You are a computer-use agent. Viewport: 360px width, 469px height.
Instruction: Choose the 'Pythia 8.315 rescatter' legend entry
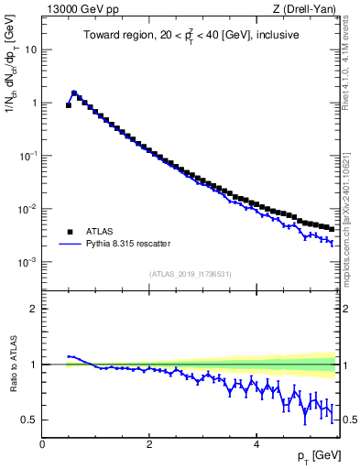126,244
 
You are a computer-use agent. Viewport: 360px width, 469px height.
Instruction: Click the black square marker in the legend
69,231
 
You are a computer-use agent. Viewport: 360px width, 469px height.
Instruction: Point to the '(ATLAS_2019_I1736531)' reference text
190,274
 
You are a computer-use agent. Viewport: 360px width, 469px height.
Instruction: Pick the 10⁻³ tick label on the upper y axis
29,262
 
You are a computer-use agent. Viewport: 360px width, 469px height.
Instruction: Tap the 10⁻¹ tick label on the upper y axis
29,156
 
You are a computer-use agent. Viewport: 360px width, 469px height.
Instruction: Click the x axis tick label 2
149,444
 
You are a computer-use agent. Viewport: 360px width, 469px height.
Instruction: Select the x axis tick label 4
256,444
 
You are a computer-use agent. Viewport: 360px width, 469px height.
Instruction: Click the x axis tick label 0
42,444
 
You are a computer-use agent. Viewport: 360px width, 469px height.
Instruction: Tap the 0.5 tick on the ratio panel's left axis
30,420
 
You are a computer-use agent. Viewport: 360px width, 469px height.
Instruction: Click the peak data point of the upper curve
74,93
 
